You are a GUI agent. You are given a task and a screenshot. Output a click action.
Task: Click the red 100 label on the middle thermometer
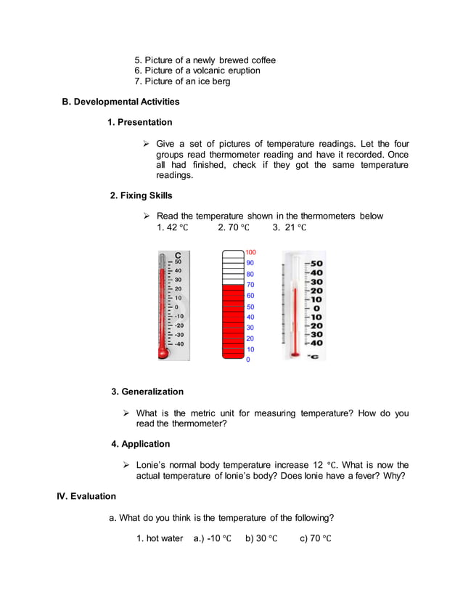point(251,252)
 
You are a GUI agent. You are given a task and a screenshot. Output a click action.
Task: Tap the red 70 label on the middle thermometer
point(250,285)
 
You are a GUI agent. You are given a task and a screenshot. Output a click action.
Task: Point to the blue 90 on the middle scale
point(250,263)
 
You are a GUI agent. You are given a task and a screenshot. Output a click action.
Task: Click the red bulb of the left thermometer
point(163,354)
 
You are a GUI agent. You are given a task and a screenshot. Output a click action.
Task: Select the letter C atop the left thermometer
point(178,254)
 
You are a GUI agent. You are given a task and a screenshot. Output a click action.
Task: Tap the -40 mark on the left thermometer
point(179,344)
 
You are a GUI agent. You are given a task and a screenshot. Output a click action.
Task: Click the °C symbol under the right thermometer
point(313,356)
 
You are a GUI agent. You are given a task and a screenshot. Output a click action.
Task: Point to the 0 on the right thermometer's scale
point(317,309)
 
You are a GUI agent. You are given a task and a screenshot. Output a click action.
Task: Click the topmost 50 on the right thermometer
point(317,264)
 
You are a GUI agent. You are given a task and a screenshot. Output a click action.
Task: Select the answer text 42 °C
point(172,227)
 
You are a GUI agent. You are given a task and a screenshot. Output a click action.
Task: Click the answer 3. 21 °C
point(290,227)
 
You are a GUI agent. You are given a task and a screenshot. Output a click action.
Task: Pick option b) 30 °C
point(261,538)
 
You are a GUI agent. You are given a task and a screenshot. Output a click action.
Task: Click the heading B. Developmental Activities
point(120,101)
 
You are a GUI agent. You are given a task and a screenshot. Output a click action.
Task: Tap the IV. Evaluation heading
point(86,496)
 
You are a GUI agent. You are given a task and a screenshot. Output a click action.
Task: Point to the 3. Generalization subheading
point(147,392)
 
